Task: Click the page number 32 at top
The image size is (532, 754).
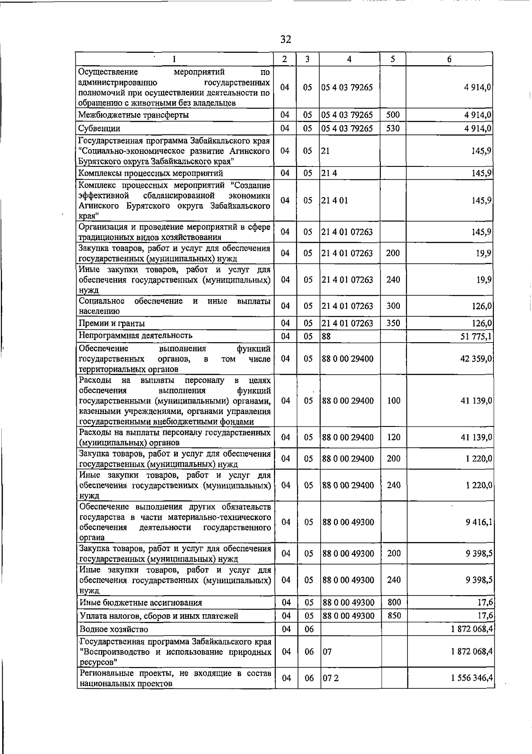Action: click(286, 39)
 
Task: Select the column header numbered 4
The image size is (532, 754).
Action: click(349, 59)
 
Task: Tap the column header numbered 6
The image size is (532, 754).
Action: click(449, 59)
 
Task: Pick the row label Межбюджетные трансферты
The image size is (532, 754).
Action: click(133, 115)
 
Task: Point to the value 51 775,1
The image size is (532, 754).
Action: click(477, 336)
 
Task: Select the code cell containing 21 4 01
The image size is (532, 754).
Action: click(335, 200)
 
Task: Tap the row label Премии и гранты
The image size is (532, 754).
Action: click(112, 324)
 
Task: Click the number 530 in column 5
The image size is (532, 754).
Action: click(393, 129)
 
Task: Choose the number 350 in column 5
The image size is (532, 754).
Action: click(393, 323)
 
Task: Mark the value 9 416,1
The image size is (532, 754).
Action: click(479, 522)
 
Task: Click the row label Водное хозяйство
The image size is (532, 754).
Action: click(114, 629)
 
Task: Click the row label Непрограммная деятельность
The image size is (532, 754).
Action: click(136, 336)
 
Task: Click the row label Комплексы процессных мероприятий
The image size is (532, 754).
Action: click(151, 173)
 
